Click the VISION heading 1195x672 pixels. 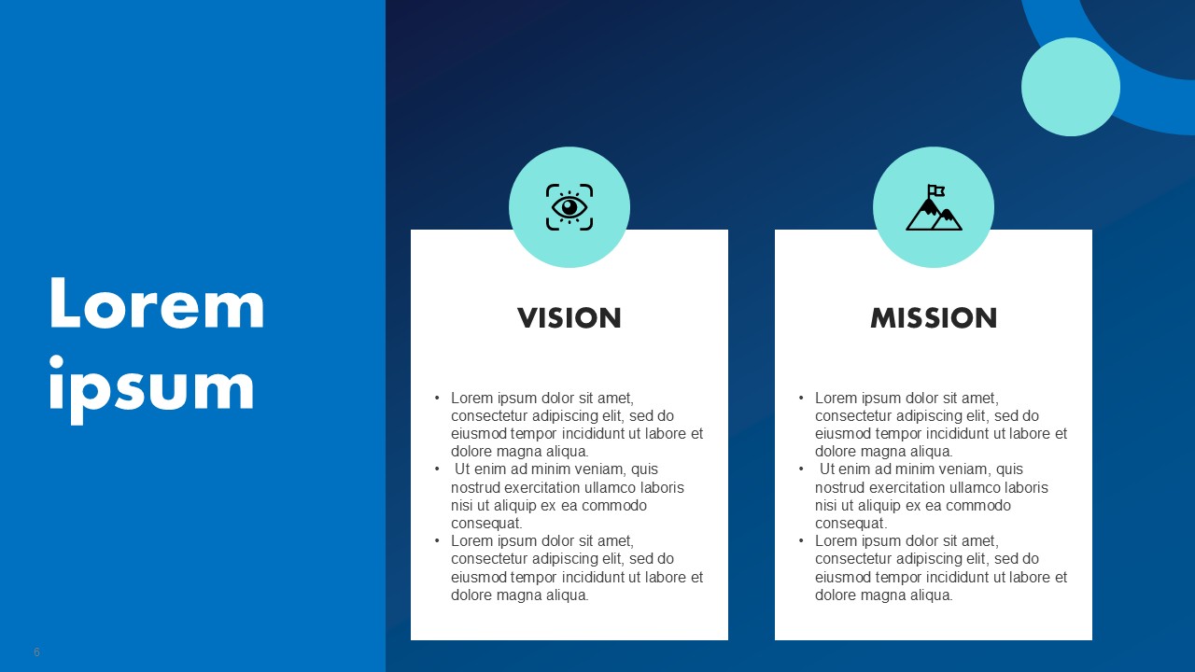[569, 318]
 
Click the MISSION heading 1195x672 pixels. [934, 318]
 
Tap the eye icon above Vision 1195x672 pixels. [569, 207]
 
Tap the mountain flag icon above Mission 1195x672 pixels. [934, 207]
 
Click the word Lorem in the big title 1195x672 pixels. [157, 303]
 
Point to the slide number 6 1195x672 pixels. [36, 651]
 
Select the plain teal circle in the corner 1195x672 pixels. [1070, 87]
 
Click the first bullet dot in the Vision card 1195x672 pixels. [437, 398]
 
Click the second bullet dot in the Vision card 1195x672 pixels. [437, 469]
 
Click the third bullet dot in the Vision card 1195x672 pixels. [437, 540]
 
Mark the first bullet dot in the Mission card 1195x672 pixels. [801, 398]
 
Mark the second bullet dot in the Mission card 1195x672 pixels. [801, 469]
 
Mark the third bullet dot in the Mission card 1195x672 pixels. [801, 540]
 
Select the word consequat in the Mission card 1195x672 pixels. [851, 524]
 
